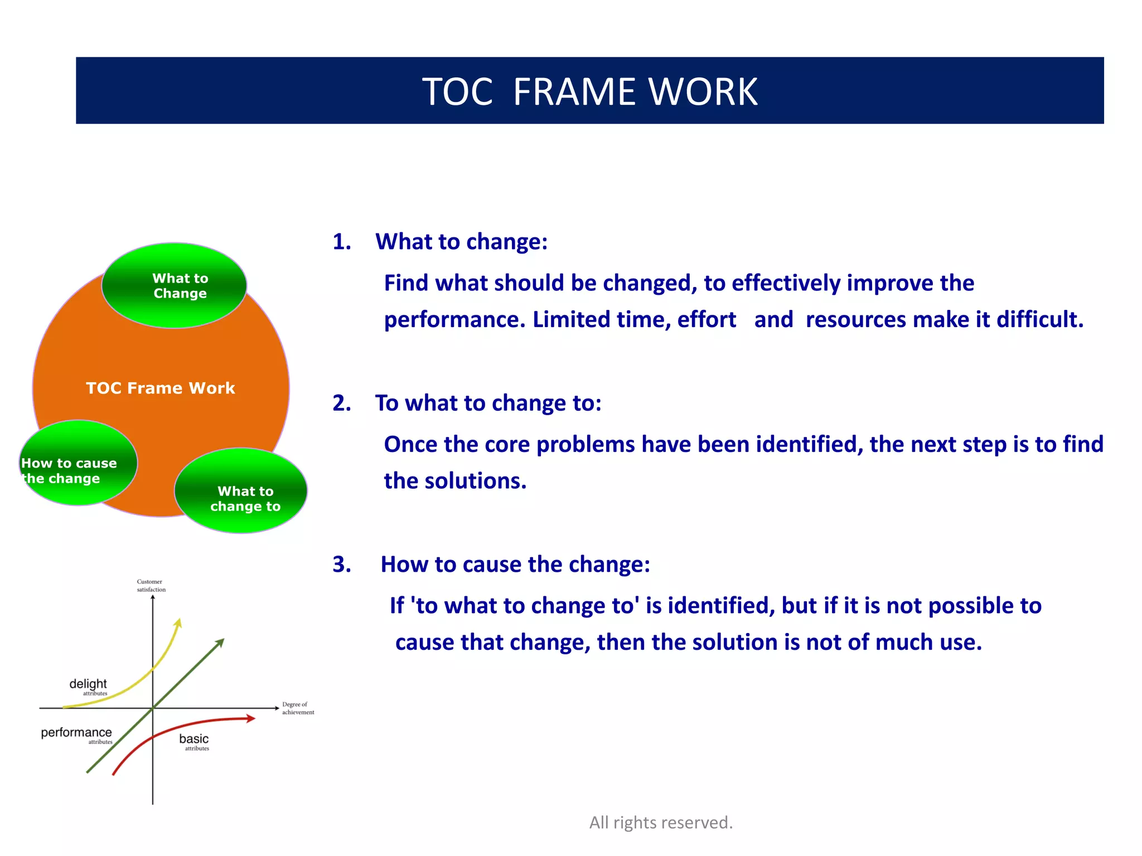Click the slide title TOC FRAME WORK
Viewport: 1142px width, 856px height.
[x=589, y=91]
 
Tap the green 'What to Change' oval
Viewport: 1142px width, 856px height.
[x=175, y=285]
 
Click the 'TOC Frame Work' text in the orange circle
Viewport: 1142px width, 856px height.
[x=161, y=388]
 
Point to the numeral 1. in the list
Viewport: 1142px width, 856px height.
[x=341, y=242]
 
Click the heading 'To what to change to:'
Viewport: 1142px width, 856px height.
[x=488, y=403]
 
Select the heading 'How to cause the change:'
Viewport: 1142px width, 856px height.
[x=515, y=565]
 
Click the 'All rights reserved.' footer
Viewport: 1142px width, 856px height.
[x=661, y=823]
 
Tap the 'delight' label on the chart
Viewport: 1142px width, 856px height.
[x=88, y=684]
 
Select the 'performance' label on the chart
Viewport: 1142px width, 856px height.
[x=76, y=732]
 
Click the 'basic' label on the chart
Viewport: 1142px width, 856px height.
[x=193, y=739]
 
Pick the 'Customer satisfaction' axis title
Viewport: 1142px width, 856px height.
[x=151, y=585]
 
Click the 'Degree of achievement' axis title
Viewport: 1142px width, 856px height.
[x=298, y=708]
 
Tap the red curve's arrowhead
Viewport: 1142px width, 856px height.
[x=251, y=718]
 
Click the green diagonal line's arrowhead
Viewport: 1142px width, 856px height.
[x=220, y=642]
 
